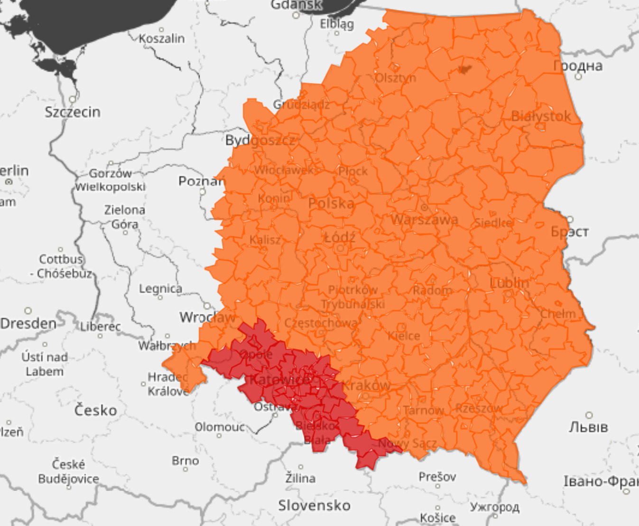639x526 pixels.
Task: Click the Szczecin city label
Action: [x=73, y=112]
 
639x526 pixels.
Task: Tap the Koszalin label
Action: [x=162, y=38]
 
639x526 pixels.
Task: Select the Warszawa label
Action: [x=424, y=219]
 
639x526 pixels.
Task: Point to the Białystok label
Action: [x=541, y=116]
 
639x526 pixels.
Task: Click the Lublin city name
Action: [x=509, y=283]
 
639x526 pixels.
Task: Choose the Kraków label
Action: [x=367, y=385]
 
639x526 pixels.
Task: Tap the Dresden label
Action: [x=28, y=323]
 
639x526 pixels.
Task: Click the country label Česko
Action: [x=95, y=410]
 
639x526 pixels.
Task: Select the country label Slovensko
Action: [x=314, y=505]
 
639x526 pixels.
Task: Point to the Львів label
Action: [x=588, y=427]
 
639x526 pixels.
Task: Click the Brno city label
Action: [x=185, y=461]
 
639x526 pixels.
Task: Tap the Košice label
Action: [x=437, y=517]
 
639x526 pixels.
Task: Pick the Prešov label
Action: [x=437, y=476]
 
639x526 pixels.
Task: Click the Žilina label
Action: [x=300, y=478]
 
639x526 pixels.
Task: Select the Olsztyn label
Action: [x=396, y=77]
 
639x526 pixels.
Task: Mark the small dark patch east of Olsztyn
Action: [x=464, y=70]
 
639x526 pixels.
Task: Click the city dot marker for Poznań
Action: [x=203, y=192]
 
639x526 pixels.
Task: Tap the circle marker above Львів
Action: [x=589, y=415]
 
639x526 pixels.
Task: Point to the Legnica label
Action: [x=160, y=288]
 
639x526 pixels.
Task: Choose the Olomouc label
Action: [x=220, y=427]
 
